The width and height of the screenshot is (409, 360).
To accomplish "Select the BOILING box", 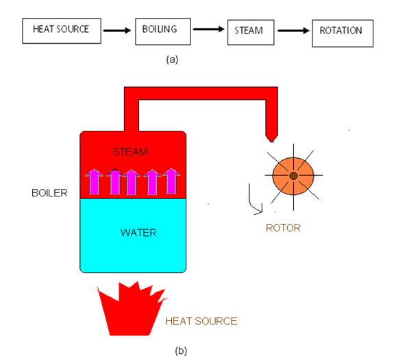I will point(160,31).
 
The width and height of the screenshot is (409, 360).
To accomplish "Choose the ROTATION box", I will point(341,31).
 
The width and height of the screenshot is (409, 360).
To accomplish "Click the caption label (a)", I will point(172,60).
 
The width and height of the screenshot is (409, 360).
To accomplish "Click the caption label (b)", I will point(180,351).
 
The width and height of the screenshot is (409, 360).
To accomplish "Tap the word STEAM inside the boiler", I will point(129,150).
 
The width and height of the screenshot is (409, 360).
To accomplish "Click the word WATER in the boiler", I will point(138,233).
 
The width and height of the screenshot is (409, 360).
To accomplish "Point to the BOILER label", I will point(49,193).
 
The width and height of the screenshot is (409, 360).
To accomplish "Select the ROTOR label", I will point(283,228).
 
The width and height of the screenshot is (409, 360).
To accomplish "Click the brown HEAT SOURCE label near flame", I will point(201,320).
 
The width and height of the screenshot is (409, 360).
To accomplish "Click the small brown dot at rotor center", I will point(293,176).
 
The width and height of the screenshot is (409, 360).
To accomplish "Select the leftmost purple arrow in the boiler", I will point(92,182).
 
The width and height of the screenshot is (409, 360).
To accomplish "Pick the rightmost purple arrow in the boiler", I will point(171,182).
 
